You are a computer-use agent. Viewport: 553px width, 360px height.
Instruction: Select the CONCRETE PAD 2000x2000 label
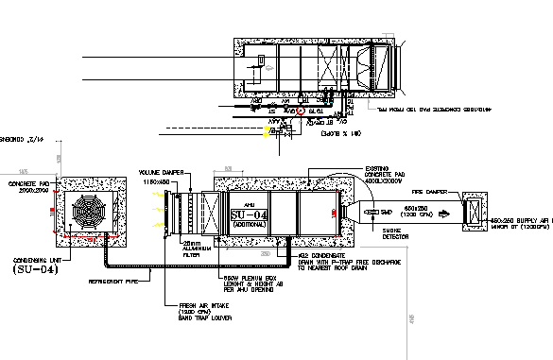pos(27,185)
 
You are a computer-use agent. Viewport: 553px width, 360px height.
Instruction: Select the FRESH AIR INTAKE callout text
pos(205,310)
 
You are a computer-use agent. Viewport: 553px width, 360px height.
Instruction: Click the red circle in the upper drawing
pos(302,111)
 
